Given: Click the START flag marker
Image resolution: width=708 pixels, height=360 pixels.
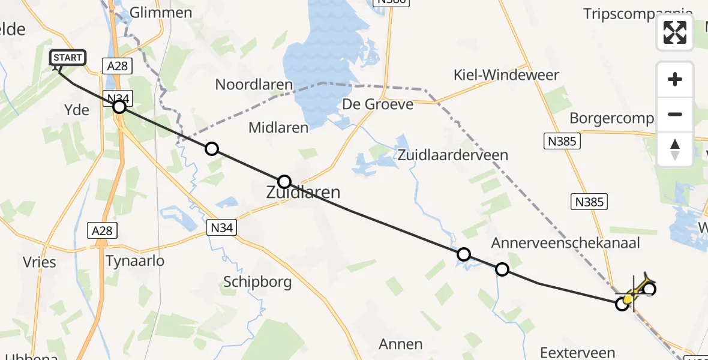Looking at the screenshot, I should [67, 58].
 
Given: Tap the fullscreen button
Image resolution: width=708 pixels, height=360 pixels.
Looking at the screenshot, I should [675, 32].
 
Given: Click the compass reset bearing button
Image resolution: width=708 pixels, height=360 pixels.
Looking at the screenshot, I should [675, 149].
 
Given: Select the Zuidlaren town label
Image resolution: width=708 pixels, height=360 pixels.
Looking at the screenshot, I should [303, 193].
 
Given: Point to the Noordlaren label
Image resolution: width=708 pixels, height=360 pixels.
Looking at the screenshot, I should [254, 85].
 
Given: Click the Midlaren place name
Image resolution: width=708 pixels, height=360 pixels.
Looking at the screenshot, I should [278, 127].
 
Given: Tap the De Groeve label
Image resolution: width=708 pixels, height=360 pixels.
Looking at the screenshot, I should [378, 104].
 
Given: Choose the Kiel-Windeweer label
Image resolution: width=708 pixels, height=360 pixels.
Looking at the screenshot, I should [506, 75].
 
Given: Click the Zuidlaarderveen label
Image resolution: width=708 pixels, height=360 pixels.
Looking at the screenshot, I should [452, 155].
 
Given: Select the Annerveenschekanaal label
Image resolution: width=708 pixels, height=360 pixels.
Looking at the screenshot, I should [566, 243].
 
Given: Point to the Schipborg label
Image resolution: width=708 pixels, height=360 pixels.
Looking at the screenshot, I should [257, 282].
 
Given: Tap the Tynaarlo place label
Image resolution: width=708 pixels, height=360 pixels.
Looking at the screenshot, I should [134, 261].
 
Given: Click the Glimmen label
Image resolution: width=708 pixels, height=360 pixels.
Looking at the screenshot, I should [161, 13].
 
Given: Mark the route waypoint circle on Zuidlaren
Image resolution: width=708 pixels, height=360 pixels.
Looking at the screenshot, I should [284, 181].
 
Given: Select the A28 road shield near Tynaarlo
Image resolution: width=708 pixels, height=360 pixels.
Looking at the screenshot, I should [101, 230].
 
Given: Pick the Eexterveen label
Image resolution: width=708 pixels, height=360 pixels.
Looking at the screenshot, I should [578, 353].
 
